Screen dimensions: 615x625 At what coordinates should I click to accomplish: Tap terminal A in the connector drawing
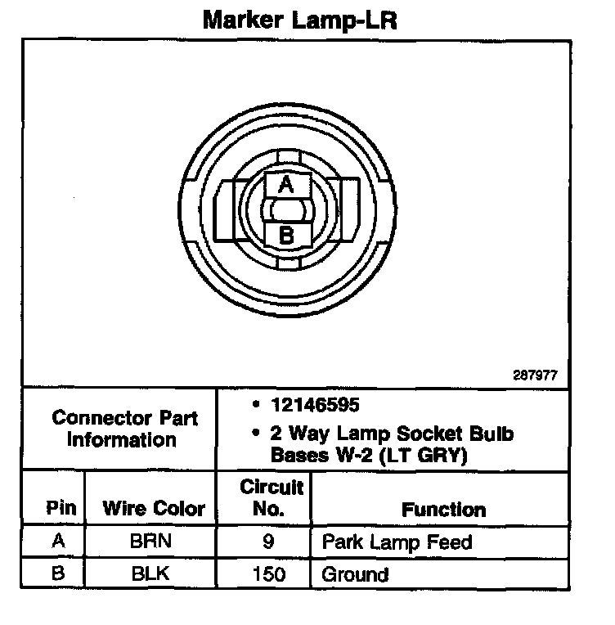pos(286,185)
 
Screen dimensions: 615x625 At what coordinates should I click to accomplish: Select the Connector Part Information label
pos(124,429)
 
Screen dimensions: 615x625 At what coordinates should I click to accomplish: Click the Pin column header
pos(62,508)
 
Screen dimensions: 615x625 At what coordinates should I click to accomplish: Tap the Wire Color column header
pos(154,508)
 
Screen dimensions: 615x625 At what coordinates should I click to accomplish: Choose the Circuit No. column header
pos(272,497)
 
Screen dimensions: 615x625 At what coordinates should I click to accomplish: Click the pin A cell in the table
pos(58,542)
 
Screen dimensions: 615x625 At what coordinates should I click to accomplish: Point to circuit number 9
pos(269,542)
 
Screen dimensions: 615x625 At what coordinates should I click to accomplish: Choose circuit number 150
pos(269,573)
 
